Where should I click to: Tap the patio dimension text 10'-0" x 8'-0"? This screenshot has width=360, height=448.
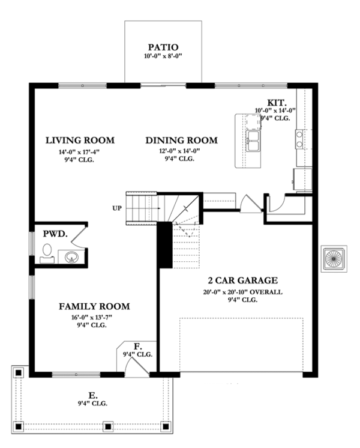tap(163, 56)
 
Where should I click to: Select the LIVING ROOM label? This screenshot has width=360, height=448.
tap(80, 141)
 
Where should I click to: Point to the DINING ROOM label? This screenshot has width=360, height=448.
tap(181, 141)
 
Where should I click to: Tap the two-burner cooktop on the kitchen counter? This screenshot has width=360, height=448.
tap(298, 140)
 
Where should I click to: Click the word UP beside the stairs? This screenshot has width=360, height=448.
tap(116, 208)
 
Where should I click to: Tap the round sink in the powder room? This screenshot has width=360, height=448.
tap(71, 258)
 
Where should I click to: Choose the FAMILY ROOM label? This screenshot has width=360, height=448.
tap(94, 306)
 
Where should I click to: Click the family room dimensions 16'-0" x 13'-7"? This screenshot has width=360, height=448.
tap(94, 316)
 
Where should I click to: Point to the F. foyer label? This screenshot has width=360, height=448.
tap(137, 346)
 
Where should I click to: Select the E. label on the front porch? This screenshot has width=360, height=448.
tap(93, 395)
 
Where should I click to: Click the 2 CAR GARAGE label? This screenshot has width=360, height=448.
tap(242, 280)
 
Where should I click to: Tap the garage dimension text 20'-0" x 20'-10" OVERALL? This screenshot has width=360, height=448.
tap(242, 292)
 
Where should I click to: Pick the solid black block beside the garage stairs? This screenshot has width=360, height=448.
tap(165, 244)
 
